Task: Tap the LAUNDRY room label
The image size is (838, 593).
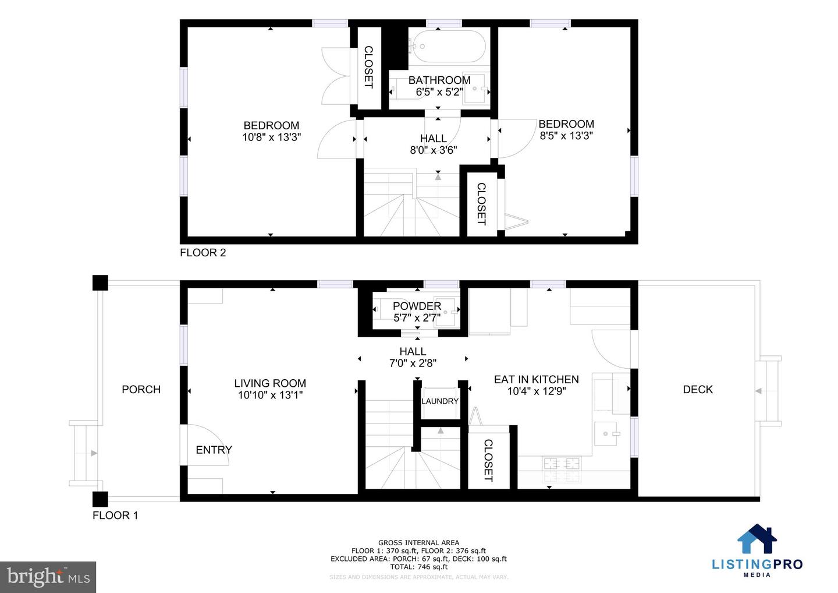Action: pyautogui.click(x=440, y=401)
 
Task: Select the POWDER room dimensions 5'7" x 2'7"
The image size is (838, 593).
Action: pyautogui.click(x=417, y=318)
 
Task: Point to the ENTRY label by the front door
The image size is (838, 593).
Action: pyautogui.click(x=214, y=450)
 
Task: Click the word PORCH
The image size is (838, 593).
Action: pyautogui.click(x=141, y=389)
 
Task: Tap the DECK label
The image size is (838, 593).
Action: pyautogui.click(x=698, y=389)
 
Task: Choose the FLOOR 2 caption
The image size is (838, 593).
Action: pyautogui.click(x=203, y=252)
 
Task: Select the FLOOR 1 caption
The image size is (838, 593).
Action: pyautogui.click(x=115, y=515)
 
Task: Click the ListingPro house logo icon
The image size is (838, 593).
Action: pyautogui.click(x=757, y=539)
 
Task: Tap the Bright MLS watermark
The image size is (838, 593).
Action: pyautogui.click(x=48, y=577)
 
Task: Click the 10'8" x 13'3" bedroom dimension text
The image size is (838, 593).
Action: pyautogui.click(x=271, y=137)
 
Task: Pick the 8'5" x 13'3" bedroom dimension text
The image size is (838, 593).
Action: pyautogui.click(x=566, y=136)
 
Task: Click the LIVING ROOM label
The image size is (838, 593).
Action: pyautogui.click(x=270, y=383)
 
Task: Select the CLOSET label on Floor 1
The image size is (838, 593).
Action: pyautogui.click(x=488, y=460)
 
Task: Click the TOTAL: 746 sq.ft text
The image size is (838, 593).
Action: pyautogui.click(x=418, y=567)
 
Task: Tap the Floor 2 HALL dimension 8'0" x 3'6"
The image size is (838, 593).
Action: pyautogui.click(x=434, y=150)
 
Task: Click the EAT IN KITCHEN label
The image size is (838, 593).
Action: pyautogui.click(x=536, y=379)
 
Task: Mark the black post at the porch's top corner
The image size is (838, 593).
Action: pyautogui.click(x=100, y=283)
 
